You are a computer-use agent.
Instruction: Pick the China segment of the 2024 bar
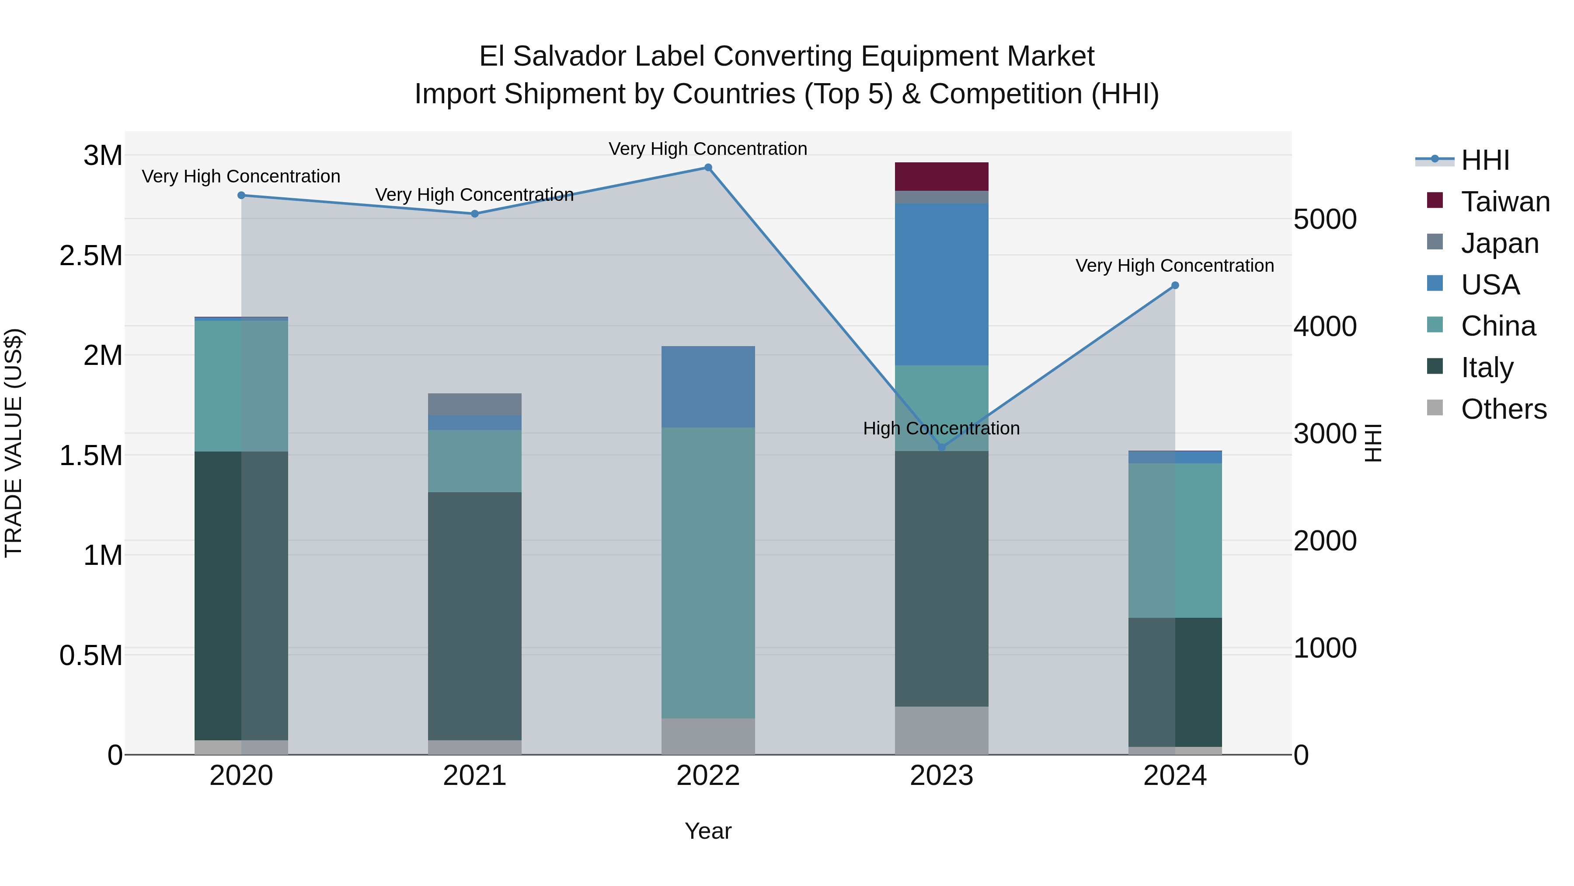coord(1174,540)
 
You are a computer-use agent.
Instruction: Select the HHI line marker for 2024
coord(1174,286)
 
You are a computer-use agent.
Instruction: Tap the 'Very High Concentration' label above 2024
coord(1174,266)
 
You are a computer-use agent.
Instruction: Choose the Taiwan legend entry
coord(1505,202)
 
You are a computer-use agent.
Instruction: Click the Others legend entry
coord(1503,409)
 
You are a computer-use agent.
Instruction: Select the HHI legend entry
coord(1485,160)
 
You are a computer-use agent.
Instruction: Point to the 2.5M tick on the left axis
coord(92,256)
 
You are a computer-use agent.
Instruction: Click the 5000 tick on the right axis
coord(1325,220)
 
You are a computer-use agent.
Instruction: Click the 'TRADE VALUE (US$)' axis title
coord(14,443)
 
